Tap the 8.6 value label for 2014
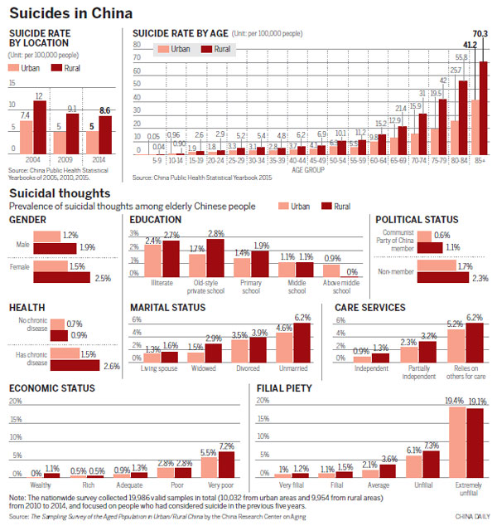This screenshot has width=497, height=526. pos(105,109)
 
